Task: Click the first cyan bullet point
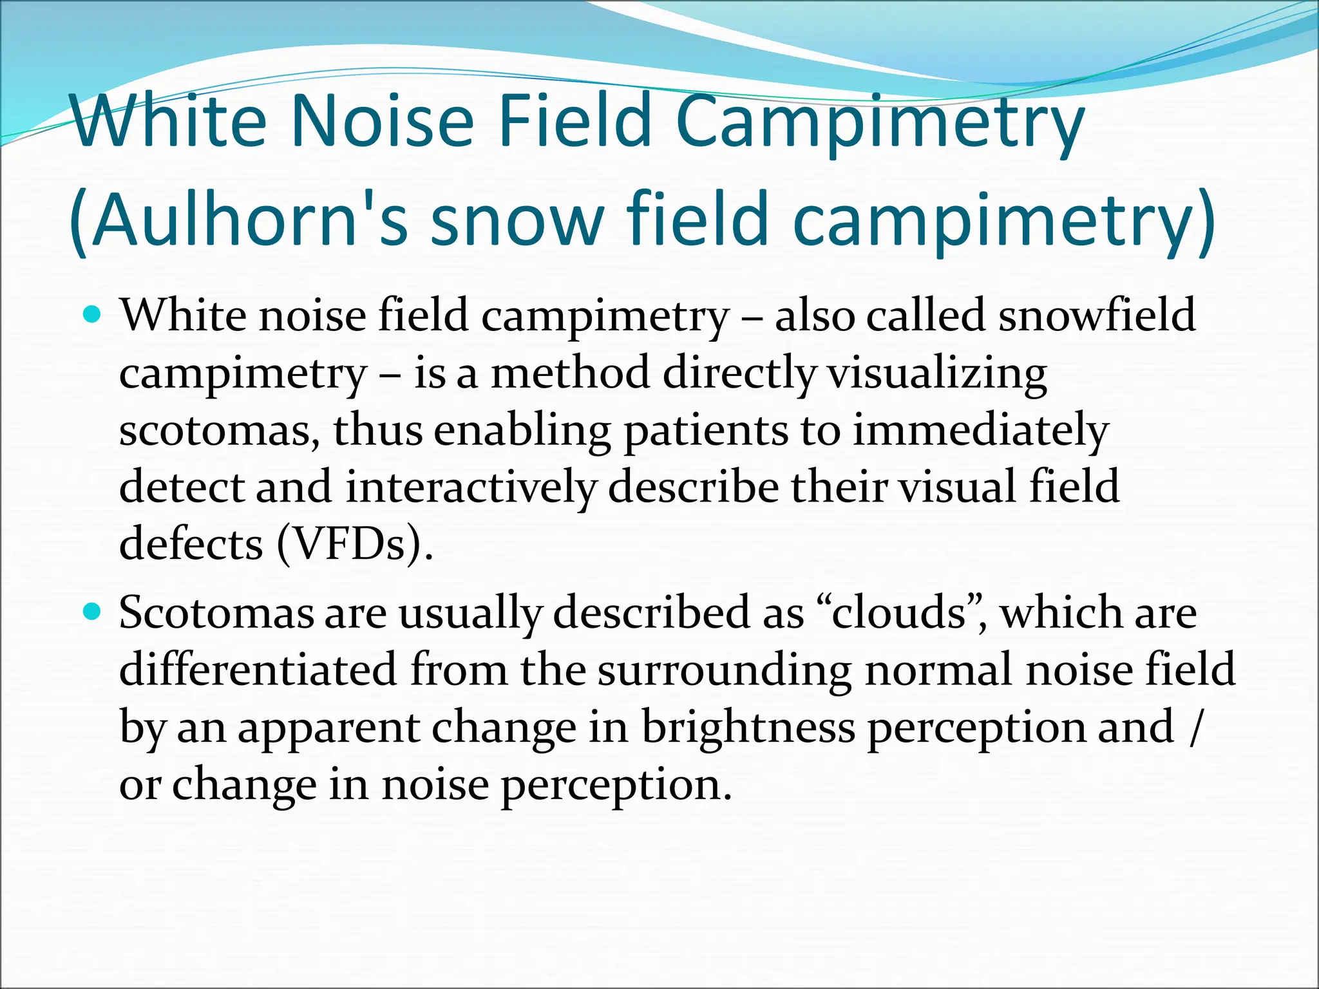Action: [93, 316]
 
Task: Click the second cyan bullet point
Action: [93, 612]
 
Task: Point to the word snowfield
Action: [1096, 316]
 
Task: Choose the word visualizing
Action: [936, 373]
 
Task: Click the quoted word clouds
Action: [899, 612]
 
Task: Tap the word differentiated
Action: [258, 669]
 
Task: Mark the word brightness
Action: [748, 727]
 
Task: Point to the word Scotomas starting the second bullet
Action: [216, 612]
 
